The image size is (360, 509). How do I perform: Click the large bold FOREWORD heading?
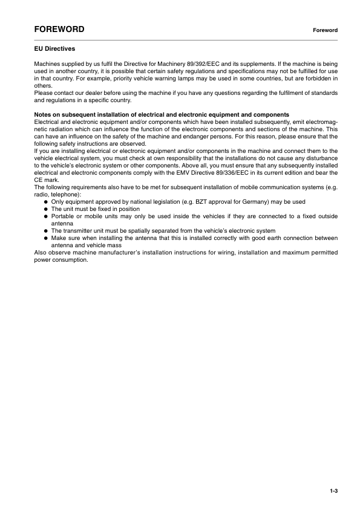(x=59, y=29)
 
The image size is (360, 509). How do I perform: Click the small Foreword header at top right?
(x=325, y=30)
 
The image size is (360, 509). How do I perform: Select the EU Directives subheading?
(x=54, y=48)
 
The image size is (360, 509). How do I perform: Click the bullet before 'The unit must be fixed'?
(x=45, y=209)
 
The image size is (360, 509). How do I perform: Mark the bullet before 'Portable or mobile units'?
(x=45, y=216)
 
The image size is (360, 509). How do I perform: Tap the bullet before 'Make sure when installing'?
(x=45, y=238)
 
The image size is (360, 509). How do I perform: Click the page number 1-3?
(x=333, y=491)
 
